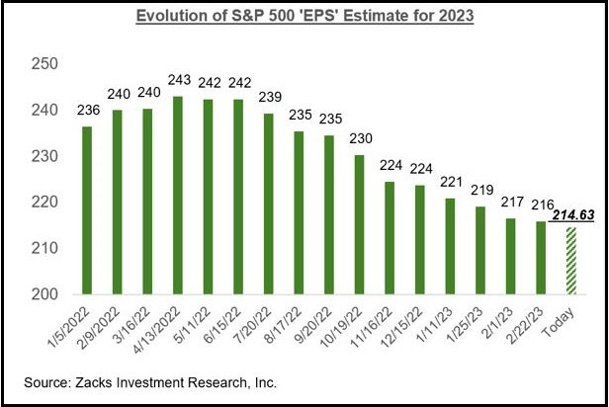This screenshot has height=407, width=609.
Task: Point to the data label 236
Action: pos(87,111)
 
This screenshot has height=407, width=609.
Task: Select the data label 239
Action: pos(268,98)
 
